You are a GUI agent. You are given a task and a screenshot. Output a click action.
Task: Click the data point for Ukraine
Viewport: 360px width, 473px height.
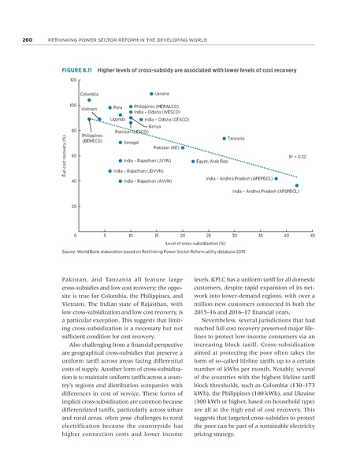150,94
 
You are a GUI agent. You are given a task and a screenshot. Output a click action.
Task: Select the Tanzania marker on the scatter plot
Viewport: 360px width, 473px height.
225,139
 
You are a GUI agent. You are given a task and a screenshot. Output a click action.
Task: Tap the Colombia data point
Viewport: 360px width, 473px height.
90,101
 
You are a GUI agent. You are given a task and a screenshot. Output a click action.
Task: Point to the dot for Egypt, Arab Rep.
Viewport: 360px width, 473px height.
192,161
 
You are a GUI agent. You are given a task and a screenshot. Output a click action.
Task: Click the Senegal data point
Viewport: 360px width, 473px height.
120,143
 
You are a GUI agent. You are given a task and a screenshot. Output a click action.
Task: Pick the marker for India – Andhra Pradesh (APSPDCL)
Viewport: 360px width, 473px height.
297,186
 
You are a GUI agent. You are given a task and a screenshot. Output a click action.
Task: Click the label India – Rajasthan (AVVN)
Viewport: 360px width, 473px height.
149,181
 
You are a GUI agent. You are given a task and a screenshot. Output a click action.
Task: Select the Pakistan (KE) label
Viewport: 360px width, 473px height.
165,147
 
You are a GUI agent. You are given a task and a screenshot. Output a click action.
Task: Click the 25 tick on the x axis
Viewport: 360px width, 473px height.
208,236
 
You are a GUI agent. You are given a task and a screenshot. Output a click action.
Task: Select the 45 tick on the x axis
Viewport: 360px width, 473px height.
313,236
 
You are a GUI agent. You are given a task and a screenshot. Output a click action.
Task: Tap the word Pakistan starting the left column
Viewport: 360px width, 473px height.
74,281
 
